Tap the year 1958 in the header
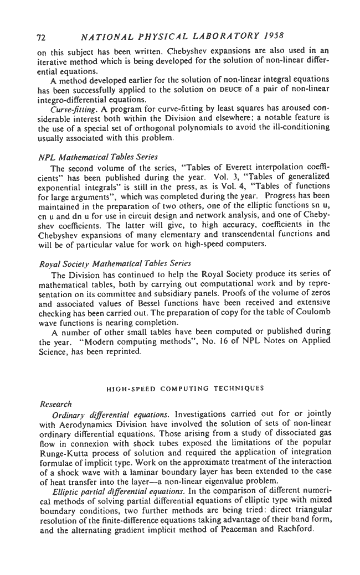pyautogui.click(x=271, y=37)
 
